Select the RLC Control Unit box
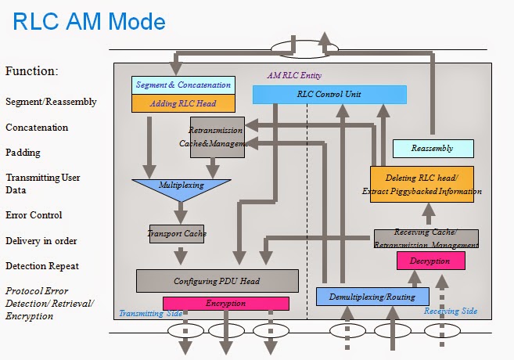click(329, 95)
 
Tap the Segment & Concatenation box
click(183, 85)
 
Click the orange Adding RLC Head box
click(183, 103)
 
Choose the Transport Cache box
click(177, 233)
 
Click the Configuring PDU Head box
click(217, 281)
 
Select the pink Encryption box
click(225, 304)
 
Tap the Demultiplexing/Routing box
click(372, 297)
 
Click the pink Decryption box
click(430, 261)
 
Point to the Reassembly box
click(432, 148)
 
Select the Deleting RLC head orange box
click(422, 185)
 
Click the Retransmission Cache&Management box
click(217, 137)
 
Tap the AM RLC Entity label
click(294, 76)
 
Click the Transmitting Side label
click(150, 313)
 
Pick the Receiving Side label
click(451, 311)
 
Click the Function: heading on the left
click(32, 71)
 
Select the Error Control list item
click(34, 215)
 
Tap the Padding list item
click(23, 153)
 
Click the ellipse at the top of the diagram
click(304, 50)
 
